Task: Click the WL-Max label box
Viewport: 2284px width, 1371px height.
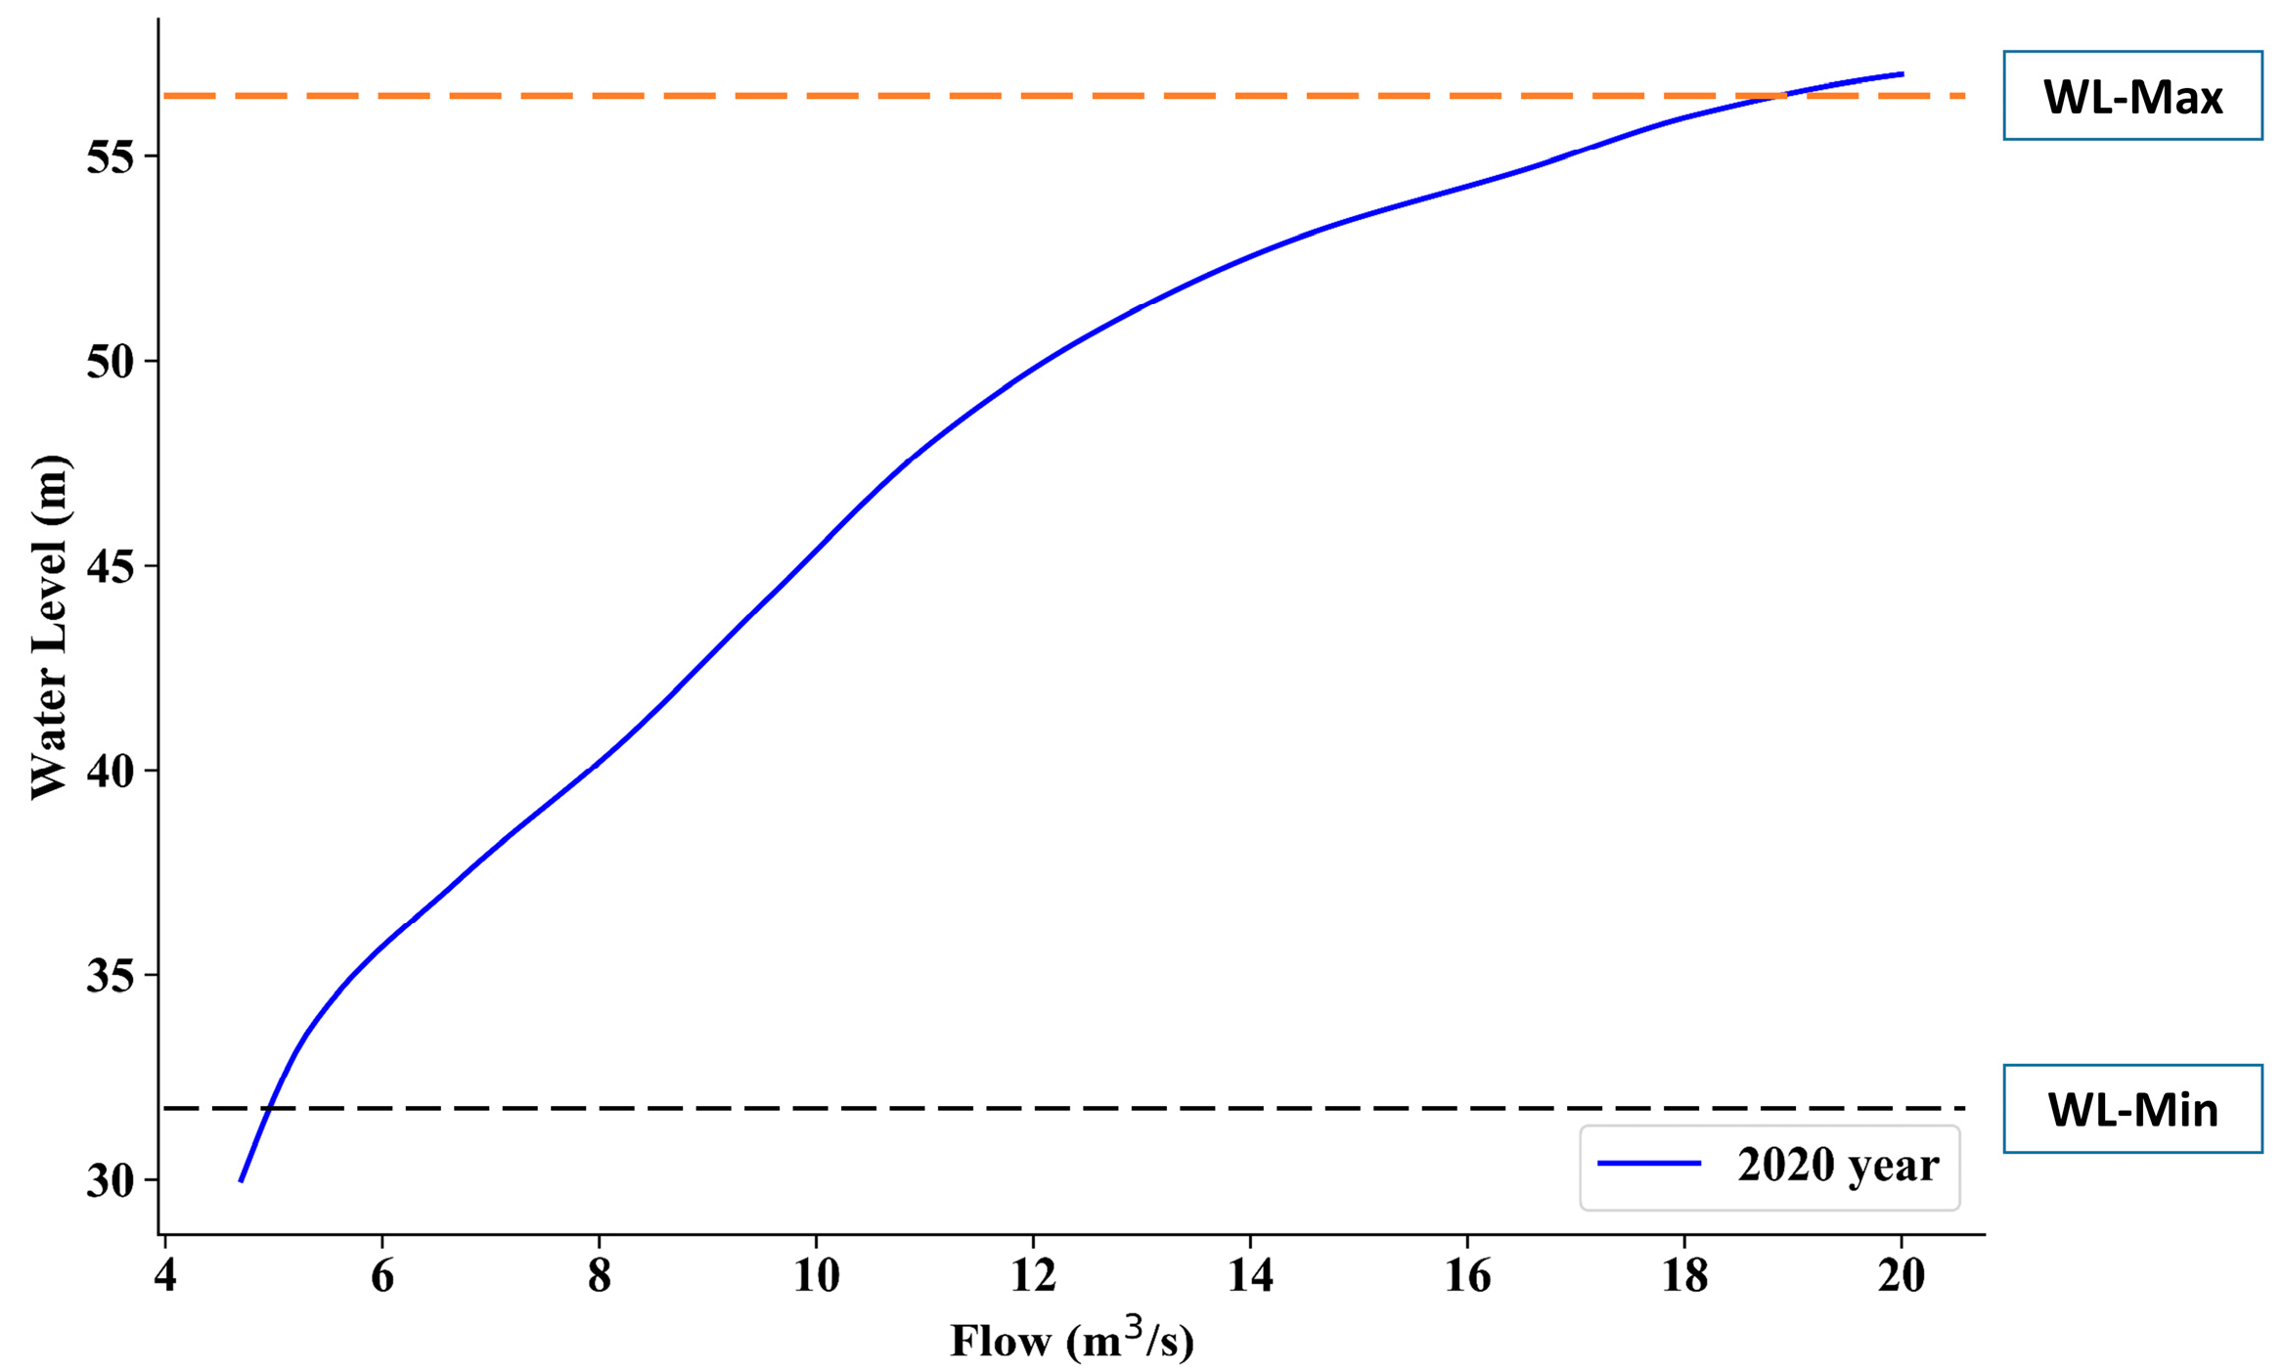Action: [2131, 96]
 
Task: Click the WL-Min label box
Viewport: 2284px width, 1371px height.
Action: [2131, 1109]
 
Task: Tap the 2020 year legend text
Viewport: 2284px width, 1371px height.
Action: [1837, 1165]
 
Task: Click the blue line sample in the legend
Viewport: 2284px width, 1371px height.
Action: [1649, 1164]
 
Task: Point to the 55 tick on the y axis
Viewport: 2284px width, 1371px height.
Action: [110, 156]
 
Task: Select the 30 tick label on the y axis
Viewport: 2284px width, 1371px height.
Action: [110, 1181]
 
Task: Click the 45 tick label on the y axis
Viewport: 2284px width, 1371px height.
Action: [110, 566]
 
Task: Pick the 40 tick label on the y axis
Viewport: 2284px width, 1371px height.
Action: [110, 771]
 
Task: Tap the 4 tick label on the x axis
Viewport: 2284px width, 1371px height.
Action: [165, 1275]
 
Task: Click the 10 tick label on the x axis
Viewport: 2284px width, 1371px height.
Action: [816, 1275]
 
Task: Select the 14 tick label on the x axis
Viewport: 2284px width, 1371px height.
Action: [1250, 1275]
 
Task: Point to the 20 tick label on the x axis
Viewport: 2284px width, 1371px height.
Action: [1901, 1275]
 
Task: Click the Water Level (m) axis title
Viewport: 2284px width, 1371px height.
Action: [49, 627]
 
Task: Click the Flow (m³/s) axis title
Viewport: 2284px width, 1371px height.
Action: [1072, 1341]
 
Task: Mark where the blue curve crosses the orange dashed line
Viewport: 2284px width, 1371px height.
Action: [1782, 96]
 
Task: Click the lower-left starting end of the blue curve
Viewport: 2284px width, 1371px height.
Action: [241, 1181]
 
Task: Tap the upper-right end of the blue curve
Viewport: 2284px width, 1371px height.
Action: [1902, 73]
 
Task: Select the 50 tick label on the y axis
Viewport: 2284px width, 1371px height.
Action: [110, 362]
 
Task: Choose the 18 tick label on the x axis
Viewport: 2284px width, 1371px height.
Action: [1683, 1275]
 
